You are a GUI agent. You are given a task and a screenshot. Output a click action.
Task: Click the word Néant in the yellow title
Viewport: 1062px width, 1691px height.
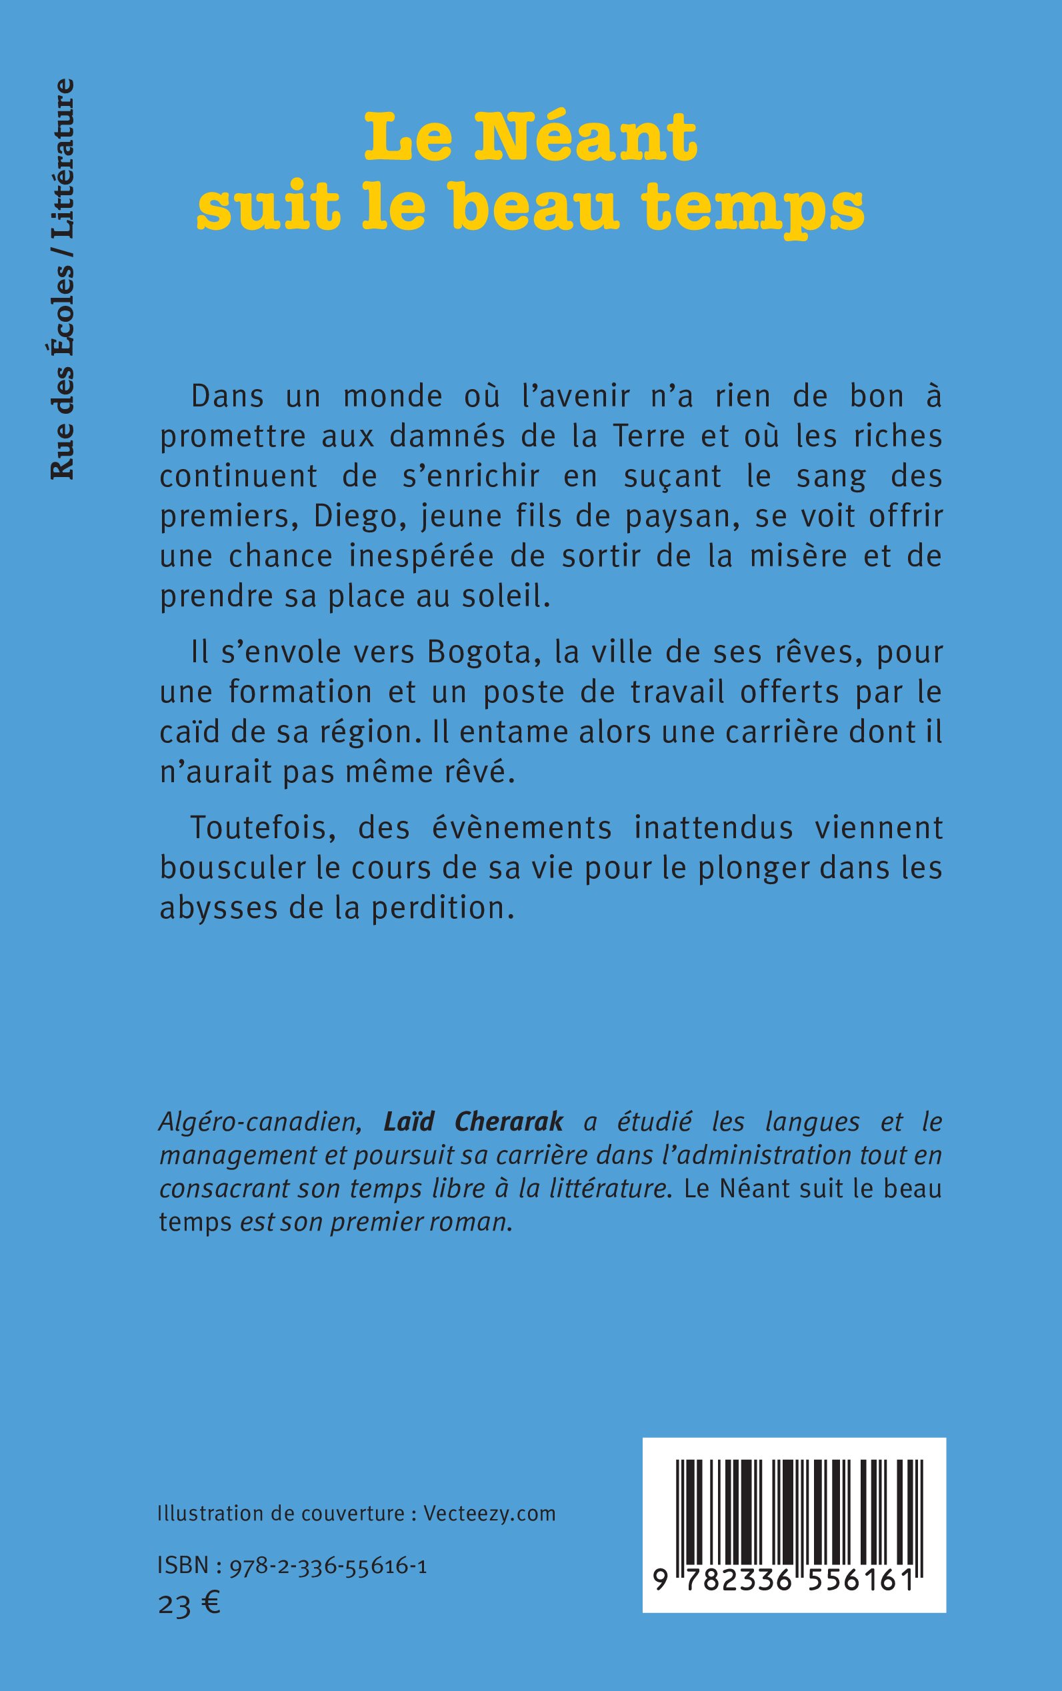click(586, 137)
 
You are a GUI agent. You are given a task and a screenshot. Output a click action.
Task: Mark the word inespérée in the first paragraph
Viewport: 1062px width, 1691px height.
click(411, 556)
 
